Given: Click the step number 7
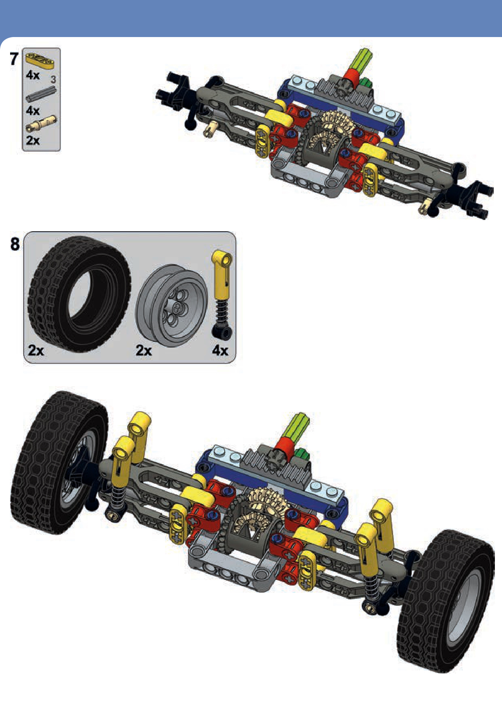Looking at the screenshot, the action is click(14, 59).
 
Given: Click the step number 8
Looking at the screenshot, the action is click(15, 244).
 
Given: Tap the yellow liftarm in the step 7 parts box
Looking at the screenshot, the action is click(40, 60).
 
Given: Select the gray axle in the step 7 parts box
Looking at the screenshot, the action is click(41, 94).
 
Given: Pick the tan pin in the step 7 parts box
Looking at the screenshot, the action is click(41, 124).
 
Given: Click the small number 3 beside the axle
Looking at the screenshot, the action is click(53, 79).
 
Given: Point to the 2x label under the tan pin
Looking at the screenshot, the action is click(33, 141).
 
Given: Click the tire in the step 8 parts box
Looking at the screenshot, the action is click(79, 294).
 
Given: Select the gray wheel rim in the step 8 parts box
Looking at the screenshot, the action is click(171, 306).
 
